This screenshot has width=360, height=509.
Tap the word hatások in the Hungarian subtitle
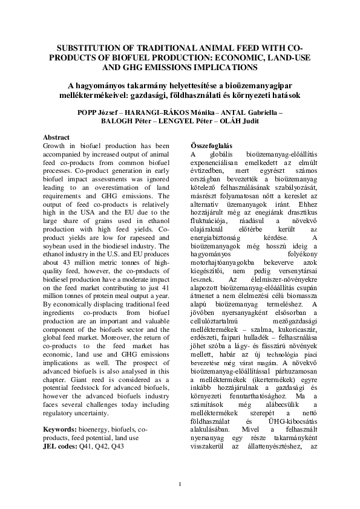pyautogui.click(x=284, y=96)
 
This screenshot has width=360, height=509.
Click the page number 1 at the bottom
pyautogui.click(x=180, y=484)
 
